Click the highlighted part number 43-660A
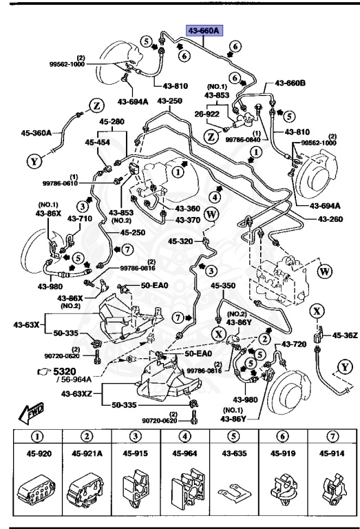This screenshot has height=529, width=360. click(204, 30)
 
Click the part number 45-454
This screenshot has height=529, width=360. click(98, 143)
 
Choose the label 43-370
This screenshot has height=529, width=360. click(188, 220)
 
